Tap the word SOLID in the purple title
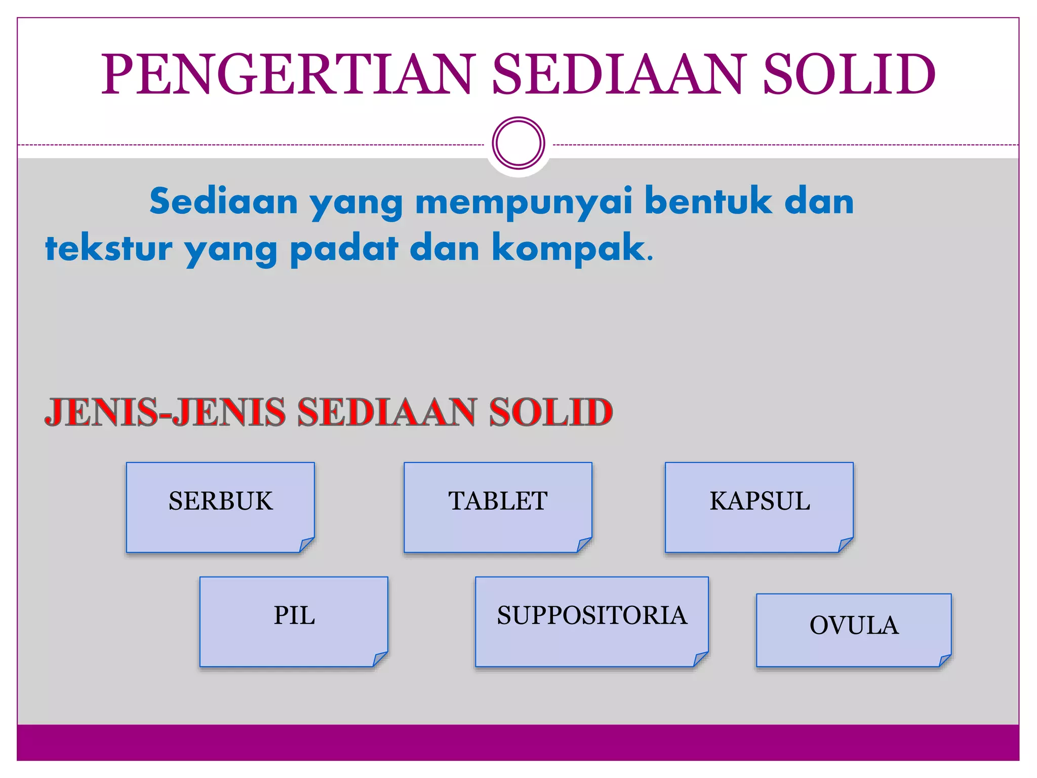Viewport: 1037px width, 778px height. tap(849, 74)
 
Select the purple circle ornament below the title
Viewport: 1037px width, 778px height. tap(518, 143)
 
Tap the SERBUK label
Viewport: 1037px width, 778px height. tap(221, 501)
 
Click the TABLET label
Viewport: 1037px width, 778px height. tap(498, 501)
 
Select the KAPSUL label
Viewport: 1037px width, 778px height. tap(760, 501)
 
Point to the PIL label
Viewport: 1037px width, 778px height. tap(294, 615)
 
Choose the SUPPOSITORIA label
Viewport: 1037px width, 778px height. tap(592, 615)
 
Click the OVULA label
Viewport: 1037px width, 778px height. tap(854, 625)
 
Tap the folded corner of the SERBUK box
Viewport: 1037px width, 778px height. tap(306, 544)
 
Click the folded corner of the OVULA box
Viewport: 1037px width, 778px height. tap(945, 660)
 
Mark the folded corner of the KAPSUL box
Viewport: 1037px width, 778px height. tap(846, 544)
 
